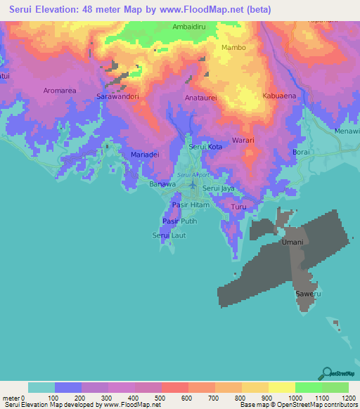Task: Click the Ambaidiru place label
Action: tap(189, 27)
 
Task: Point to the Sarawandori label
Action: tap(117, 96)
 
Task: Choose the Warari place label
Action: tap(243, 141)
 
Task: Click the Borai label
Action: tap(300, 152)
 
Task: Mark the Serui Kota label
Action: tap(205, 147)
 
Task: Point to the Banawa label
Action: tap(162, 184)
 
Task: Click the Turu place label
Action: tap(239, 207)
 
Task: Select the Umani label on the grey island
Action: tap(292, 242)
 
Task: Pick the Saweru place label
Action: tap(304, 293)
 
